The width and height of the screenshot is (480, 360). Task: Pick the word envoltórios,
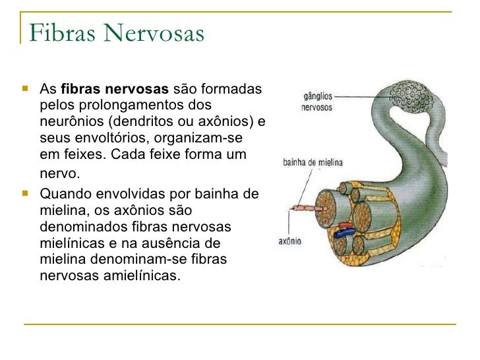(96, 138)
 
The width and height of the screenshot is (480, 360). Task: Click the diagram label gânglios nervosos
(318, 102)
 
